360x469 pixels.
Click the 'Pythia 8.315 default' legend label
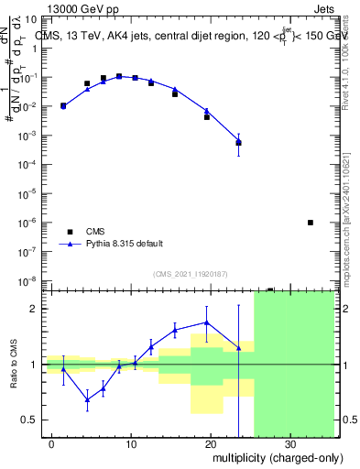coord(124,244)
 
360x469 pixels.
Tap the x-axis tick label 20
coord(211,442)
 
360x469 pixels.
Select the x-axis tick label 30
coord(290,442)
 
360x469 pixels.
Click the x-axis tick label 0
coord(52,442)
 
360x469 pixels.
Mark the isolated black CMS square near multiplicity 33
coord(311,223)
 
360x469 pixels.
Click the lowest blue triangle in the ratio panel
coord(87,399)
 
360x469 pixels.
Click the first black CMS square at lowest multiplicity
coord(63,106)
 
